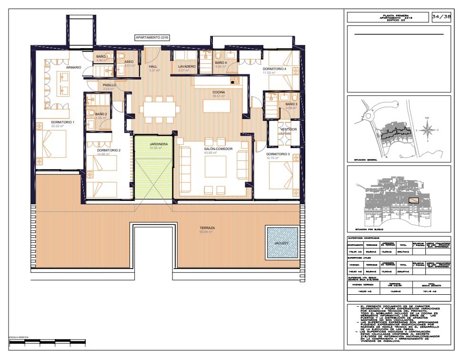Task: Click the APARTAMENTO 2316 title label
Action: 152,37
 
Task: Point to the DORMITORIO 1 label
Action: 63,122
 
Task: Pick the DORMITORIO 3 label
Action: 278,154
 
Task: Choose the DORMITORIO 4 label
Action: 274,69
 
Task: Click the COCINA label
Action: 219,92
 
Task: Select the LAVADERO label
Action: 186,67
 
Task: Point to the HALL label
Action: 153,67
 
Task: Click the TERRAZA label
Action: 207,229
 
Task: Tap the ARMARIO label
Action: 73,68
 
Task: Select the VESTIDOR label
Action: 288,130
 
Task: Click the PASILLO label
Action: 110,85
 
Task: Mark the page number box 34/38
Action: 440,17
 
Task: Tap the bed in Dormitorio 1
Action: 52,143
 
